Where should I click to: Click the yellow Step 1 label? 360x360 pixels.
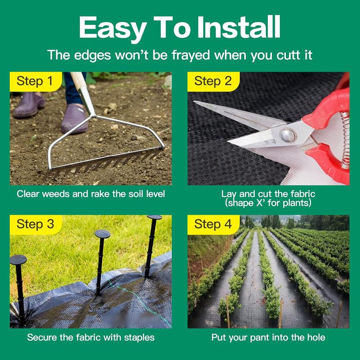tap(36, 81)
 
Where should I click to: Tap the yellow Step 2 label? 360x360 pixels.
tap(213, 81)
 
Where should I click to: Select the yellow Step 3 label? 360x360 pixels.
tap(36, 225)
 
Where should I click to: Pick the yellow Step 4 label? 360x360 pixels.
tap(213, 225)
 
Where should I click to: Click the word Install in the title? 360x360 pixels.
tap(239, 27)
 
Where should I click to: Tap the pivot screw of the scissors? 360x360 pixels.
tap(288, 135)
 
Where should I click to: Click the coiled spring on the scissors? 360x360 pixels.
tap(345, 140)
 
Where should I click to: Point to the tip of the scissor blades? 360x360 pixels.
tap(194, 102)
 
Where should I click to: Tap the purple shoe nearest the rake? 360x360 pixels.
tap(75, 119)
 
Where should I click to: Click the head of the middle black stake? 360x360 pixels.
tap(103, 234)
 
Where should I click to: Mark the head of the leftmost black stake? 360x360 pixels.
tap(18, 260)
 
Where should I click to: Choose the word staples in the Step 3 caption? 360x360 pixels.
tap(139, 338)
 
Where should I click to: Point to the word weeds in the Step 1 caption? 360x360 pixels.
tap(56, 194)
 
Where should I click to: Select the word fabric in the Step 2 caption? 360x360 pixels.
tap(302, 194)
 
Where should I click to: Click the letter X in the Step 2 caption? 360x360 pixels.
tap(260, 203)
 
